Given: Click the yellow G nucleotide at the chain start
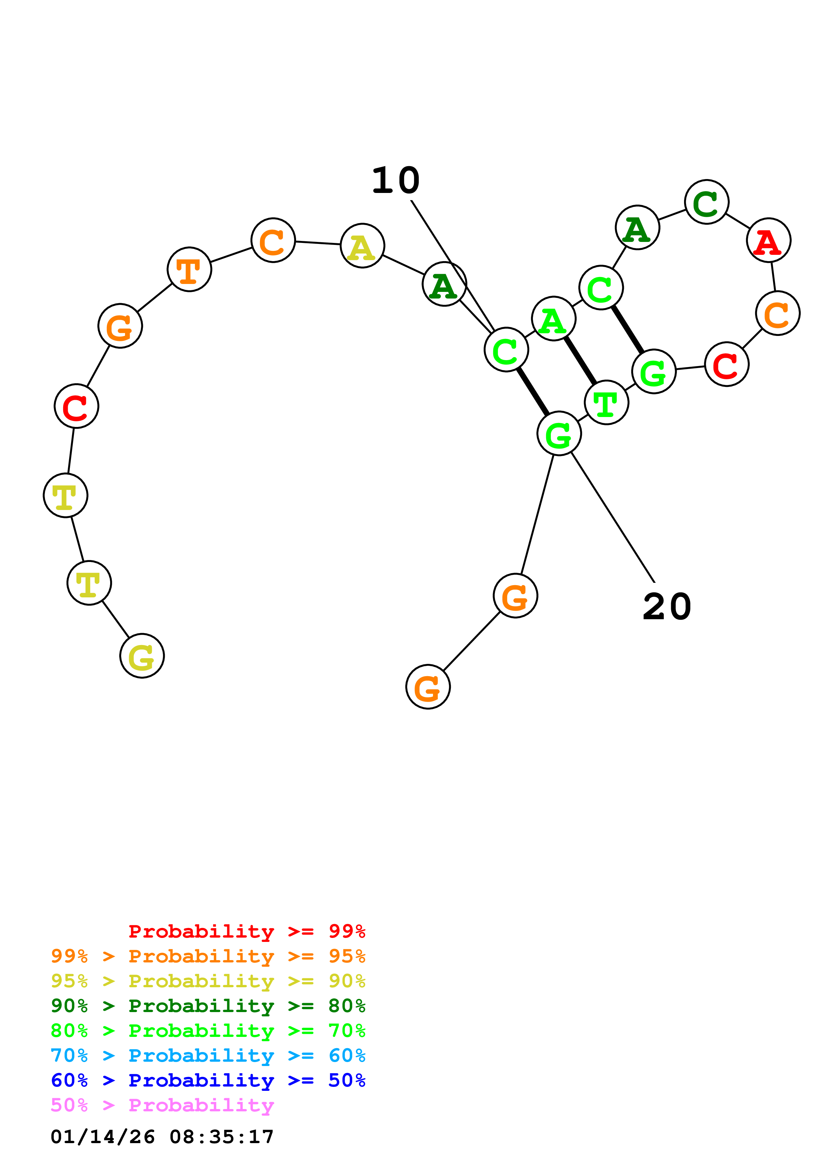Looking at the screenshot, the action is coord(142,656).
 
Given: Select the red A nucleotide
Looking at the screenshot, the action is coord(768,240).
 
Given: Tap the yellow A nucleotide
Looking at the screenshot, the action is coord(362,246).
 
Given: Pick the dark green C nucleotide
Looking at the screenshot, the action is coord(706,202).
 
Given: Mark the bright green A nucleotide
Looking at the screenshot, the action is coord(554,319).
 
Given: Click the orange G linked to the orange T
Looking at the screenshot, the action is coord(120,326).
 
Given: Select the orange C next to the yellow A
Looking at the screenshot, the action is coord(273,240).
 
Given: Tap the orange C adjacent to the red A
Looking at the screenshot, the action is coord(778,313).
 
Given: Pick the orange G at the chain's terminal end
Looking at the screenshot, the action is coord(428,687).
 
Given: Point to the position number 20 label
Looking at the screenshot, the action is coord(667,607).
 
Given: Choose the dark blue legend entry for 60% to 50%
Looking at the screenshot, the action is coord(208,1080).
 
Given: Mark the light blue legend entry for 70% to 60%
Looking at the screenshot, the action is coord(208,1055).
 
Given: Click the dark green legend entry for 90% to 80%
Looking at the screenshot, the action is coord(208,1006).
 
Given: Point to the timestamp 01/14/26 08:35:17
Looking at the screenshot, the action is coord(162,1137).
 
